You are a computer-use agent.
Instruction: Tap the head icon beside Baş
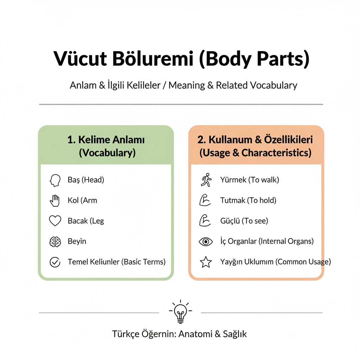coord(55,180)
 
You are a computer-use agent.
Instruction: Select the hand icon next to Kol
coord(54,201)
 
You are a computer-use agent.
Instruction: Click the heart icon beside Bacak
coord(55,221)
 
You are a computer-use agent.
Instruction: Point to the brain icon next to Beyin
coord(55,242)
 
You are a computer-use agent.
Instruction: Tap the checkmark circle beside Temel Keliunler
coord(55,262)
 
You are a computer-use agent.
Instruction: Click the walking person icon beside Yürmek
coord(206,180)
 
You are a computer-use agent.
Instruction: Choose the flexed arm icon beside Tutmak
coord(205,200)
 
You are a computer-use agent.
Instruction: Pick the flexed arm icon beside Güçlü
coord(205,220)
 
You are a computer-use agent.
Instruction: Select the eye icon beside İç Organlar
coord(205,242)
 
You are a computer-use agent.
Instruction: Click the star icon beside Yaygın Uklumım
coord(206,262)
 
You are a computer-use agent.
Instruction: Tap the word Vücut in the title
coord(80,59)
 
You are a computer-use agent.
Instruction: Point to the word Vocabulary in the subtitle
coord(274,85)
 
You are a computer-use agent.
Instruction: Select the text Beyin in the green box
coord(77,241)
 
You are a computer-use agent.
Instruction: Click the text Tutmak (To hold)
coord(248,200)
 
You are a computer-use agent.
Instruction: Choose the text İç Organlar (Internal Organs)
coord(267,241)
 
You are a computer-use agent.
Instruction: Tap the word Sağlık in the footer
coord(234,334)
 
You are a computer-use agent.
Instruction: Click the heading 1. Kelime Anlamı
coord(106,140)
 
